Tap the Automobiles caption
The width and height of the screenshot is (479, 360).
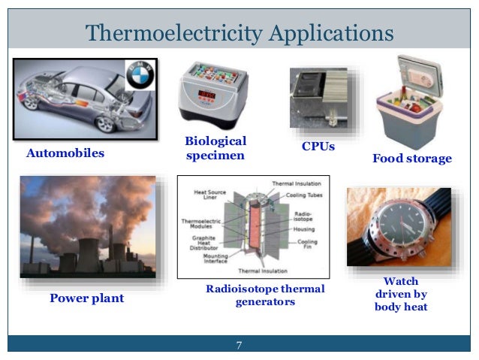65,154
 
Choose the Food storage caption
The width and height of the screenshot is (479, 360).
412,159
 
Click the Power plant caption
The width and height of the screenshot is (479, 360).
86,298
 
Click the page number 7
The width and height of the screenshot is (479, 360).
239,345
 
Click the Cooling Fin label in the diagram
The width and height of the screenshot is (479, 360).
308,245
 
